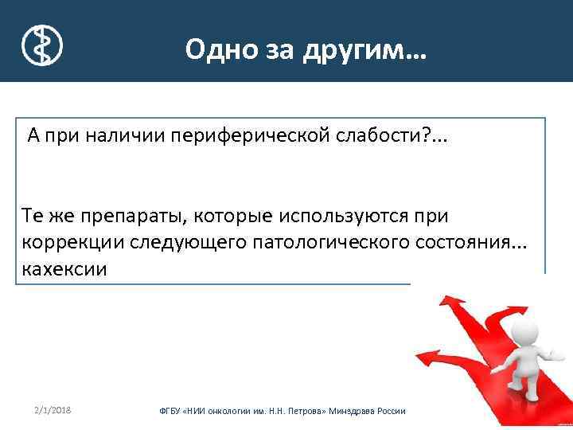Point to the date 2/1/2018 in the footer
pyautogui.click(x=53, y=409)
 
